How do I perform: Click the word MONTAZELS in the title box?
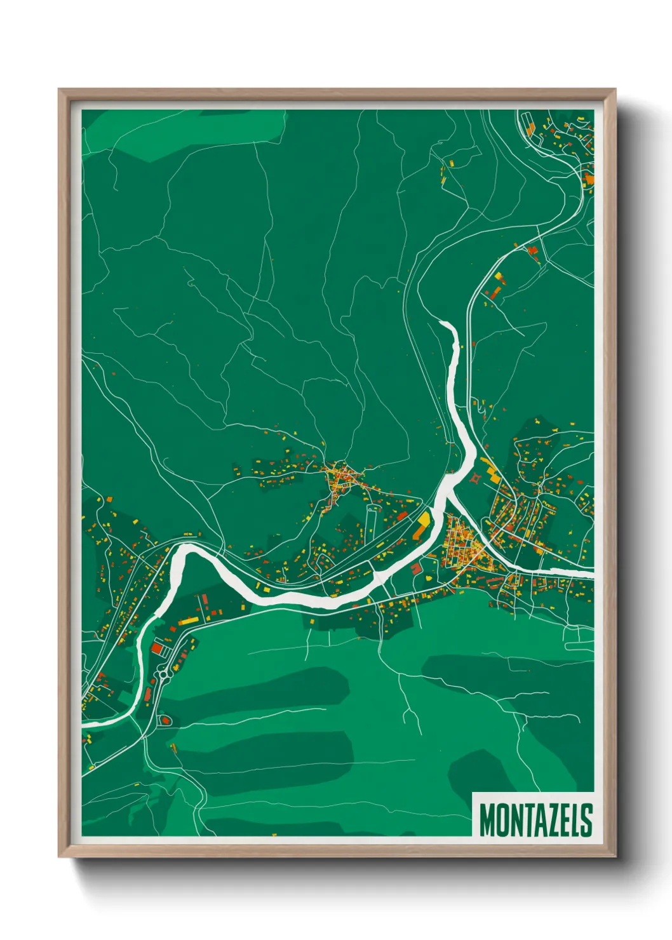pos(535,819)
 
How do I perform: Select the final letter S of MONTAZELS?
pos(586,819)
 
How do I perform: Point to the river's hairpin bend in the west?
pos(181,550)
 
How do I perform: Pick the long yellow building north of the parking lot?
pos(187,620)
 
